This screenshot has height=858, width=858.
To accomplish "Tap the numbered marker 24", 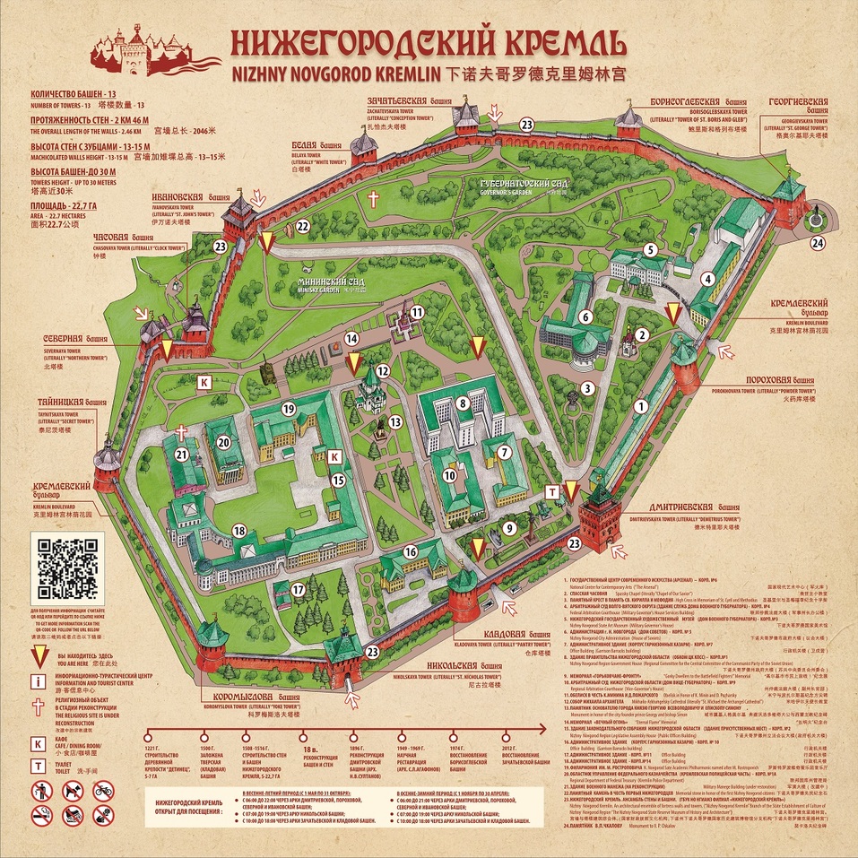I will [x=817, y=242].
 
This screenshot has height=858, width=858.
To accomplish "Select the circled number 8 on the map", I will [x=462, y=403].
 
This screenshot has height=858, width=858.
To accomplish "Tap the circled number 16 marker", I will [x=411, y=551].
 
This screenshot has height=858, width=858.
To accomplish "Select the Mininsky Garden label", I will [x=333, y=285].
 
